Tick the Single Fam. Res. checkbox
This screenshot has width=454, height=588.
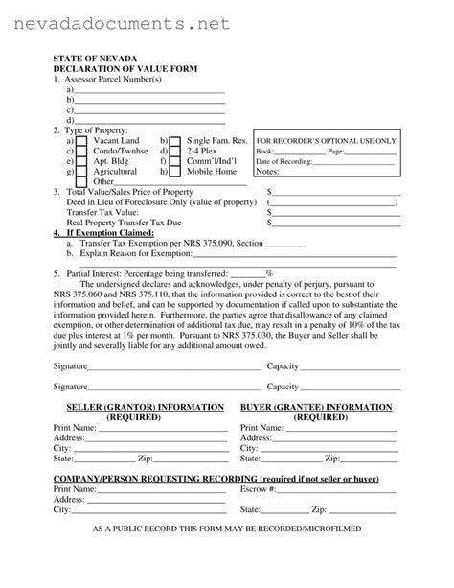pos(175,140)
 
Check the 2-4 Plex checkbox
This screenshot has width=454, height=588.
pos(175,151)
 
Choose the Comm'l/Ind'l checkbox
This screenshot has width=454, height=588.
pos(175,161)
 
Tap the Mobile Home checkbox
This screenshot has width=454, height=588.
pos(175,172)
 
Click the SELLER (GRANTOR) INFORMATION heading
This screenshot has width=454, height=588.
pos(139,407)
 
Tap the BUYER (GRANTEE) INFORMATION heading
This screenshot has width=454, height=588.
pos(320,407)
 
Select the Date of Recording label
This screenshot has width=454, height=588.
pos(284,161)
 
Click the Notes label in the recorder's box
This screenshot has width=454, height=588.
pos(267,172)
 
